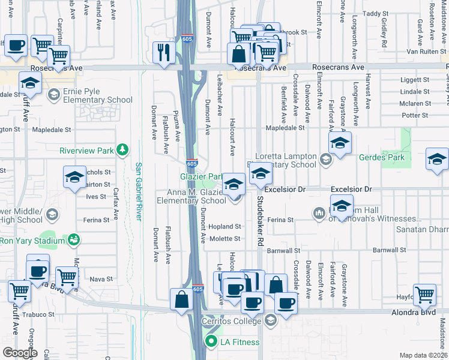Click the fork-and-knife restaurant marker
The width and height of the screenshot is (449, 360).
click(x=163, y=52)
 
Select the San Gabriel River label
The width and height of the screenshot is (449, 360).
click(x=138, y=191)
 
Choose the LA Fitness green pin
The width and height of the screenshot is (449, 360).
click(x=211, y=343)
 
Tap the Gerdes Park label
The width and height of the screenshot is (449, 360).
click(x=381, y=157)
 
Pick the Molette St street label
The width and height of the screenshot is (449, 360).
click(x=224, y=238)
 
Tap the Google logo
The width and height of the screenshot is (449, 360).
click(x=20, y=353)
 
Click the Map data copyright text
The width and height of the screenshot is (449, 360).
click(x=423, y=355)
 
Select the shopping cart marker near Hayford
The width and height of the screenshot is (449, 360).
click(x=424, y=295)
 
